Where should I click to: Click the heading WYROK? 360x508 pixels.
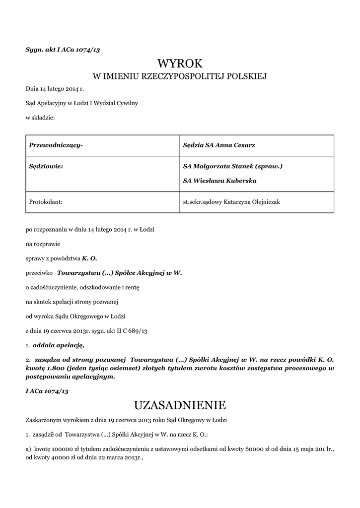click(180, 63)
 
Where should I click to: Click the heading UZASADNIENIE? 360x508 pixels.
click(180, 405)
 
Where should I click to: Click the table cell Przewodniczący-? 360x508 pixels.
click(56, 145)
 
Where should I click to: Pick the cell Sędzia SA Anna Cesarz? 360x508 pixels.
click(219, 145)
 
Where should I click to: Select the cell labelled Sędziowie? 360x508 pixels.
click(46, 166)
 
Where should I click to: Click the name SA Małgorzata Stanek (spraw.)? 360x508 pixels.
click(233, 166)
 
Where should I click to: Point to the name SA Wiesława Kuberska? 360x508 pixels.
click(220, 181)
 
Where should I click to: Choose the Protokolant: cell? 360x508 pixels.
click(46, 202)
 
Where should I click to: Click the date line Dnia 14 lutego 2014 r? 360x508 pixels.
click(55, 89)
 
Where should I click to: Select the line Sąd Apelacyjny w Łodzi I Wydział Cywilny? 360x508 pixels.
click(82, 103)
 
